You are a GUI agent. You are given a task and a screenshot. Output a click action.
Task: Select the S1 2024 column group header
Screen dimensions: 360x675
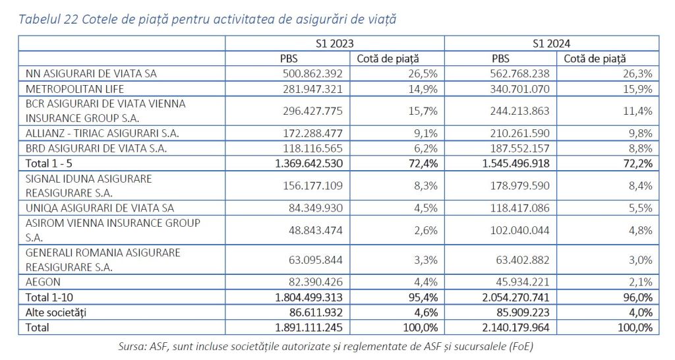click(552, 44)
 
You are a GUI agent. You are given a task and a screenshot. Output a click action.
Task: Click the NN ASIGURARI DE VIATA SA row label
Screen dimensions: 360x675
click(91, 73)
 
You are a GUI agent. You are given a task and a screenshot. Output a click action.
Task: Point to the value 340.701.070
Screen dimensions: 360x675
click(517, 88)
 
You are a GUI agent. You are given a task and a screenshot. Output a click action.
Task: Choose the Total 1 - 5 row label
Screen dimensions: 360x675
click(53, 162)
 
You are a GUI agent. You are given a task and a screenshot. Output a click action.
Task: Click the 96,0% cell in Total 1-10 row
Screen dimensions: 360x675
click(639, 297)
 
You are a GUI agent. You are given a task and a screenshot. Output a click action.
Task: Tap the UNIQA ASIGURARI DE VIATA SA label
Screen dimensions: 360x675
click(100, 208)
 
